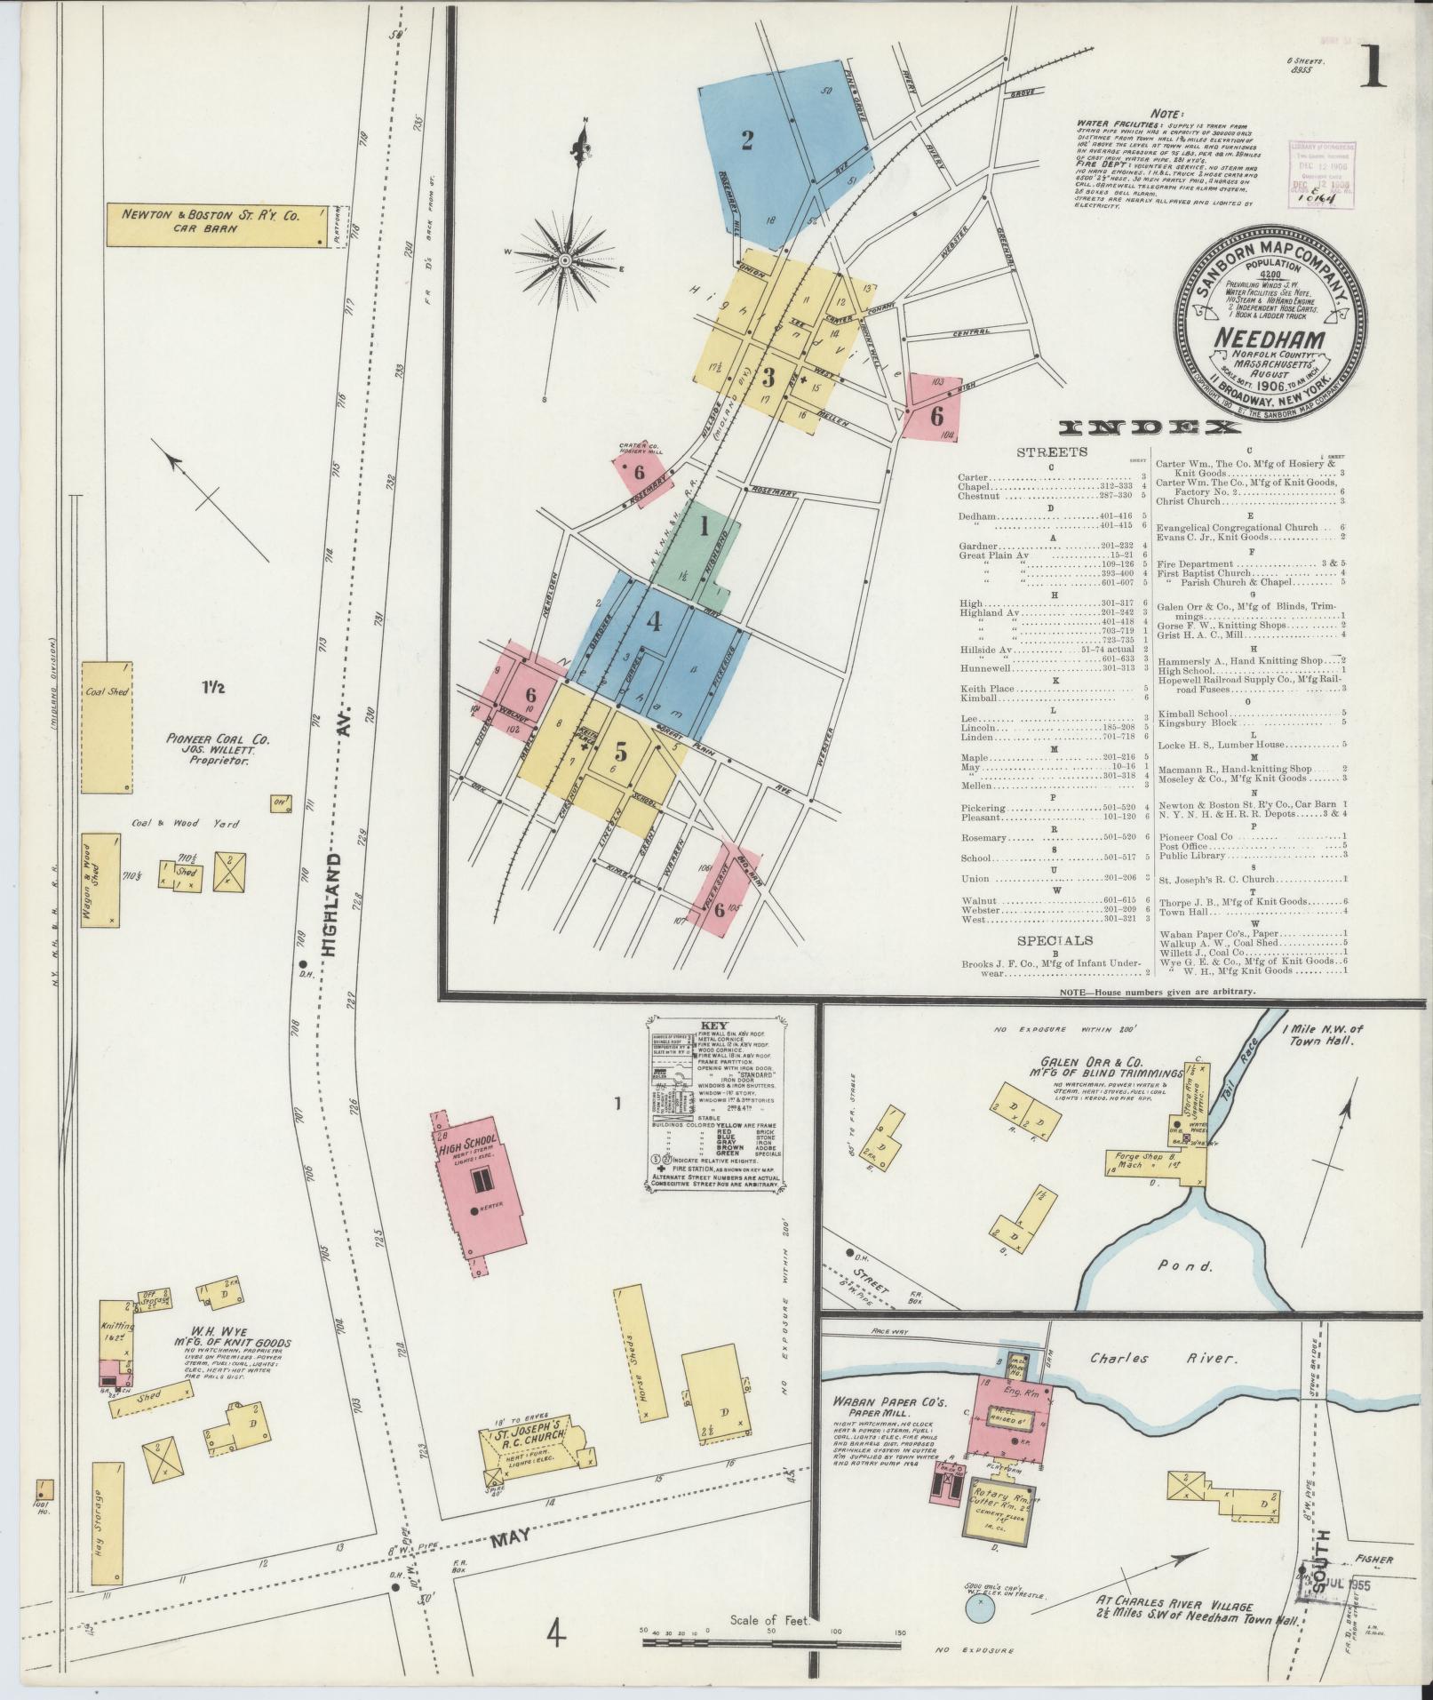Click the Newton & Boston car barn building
(x=226, y=225)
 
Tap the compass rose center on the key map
(x=564, y=259)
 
